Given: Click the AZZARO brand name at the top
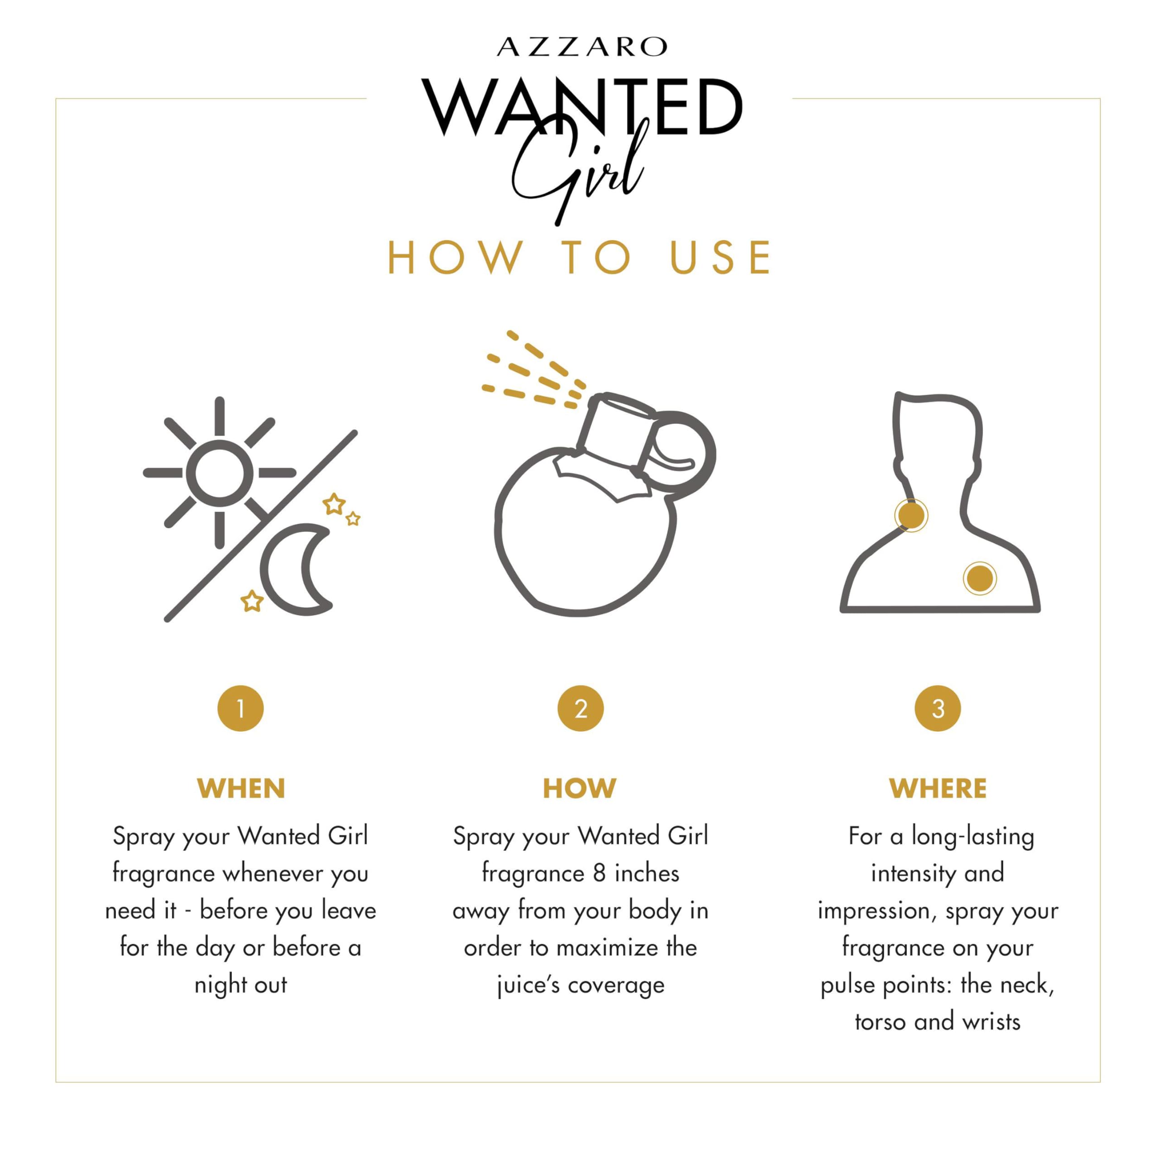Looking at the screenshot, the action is [x=582, y=47].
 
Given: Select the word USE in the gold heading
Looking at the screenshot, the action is [x=720, y=258].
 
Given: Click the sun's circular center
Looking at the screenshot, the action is [x=220, y=473].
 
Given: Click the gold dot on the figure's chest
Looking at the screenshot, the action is [x=980, y=578].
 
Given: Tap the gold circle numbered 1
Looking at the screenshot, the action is [x=240, y=709].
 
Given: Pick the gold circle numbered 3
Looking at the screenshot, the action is [x=938, y=709].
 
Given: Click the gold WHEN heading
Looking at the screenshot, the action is [x=240, y=789].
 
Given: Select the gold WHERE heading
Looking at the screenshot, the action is [x=938, y=789].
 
